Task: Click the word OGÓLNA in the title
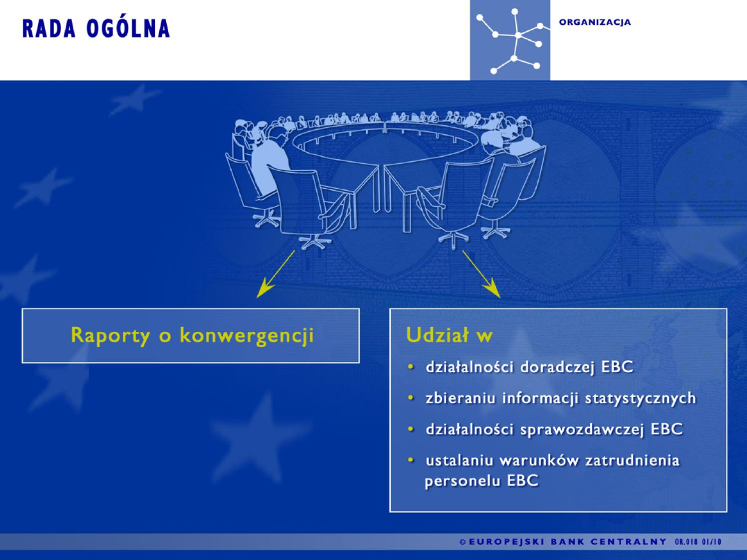(x=129, y=29)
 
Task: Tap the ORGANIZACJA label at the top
(x=595, y=22)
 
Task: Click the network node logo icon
(x=510, y=40)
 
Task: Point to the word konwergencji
(x=246, y=336)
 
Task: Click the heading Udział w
(x=449, y=336)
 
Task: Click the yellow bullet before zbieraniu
(x=411, y=398)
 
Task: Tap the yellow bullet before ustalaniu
(x=411, y=460)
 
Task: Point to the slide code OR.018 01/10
(x=697, y=541)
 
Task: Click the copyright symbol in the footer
(x=463, y=541)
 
